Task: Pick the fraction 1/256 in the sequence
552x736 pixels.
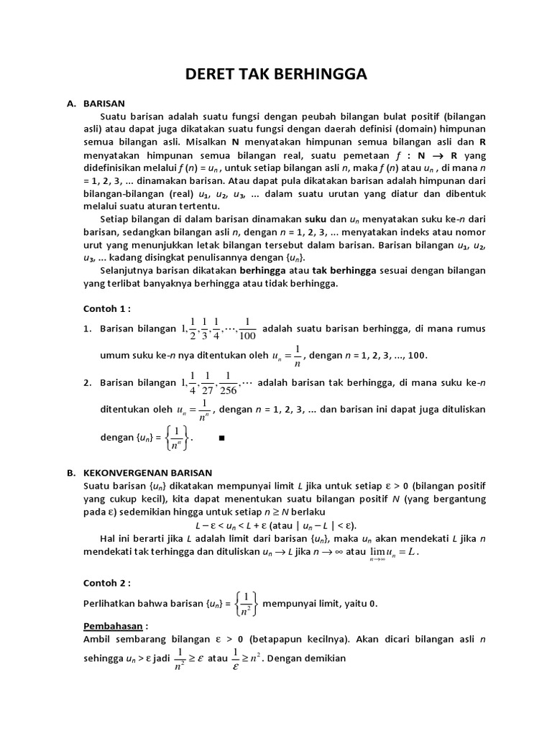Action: tap(228, 382)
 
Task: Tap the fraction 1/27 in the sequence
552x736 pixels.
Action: tap(208, 382)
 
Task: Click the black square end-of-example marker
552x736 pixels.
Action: tap(221, 437)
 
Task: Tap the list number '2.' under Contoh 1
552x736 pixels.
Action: tap(87, 382)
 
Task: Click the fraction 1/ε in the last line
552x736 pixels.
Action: tap(234, 658)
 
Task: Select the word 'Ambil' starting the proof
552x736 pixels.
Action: tap(97, 638)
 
